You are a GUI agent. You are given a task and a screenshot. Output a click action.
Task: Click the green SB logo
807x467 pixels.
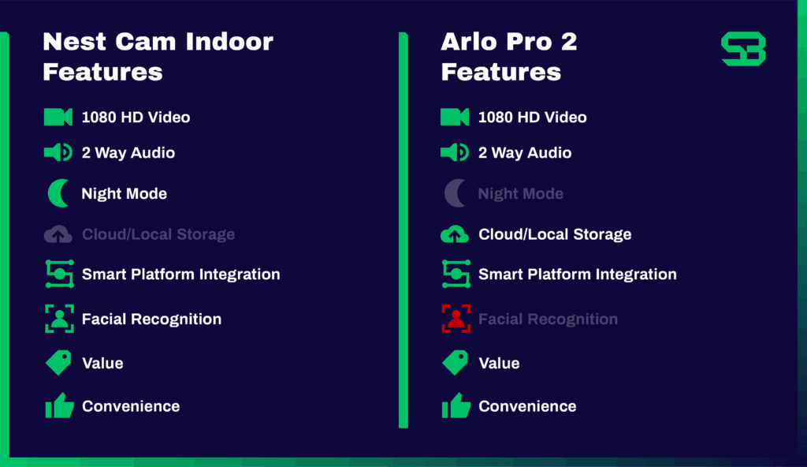click(743, 49)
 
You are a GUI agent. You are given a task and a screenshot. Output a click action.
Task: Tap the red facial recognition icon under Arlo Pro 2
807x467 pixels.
click(456, 319)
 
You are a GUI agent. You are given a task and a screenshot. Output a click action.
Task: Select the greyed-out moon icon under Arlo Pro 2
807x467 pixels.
click(455, 193)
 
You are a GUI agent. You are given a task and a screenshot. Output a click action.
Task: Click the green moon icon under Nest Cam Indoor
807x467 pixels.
click(59, 193)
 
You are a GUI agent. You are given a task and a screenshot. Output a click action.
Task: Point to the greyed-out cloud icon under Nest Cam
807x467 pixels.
click(58, 234)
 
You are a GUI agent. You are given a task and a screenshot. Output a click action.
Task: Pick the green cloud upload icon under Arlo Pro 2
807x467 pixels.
click(455, 234)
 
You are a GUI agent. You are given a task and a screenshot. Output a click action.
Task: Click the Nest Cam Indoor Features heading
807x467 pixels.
click(158, 57)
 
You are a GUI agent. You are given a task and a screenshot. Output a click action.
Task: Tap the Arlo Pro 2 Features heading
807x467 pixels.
click(508, 57)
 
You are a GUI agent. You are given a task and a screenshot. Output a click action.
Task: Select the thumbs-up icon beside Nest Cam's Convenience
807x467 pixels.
click(59, 405)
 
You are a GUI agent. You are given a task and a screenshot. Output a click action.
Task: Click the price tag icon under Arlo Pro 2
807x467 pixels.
click(455, 363)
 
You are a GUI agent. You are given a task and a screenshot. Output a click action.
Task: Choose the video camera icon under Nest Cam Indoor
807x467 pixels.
click(58, 117)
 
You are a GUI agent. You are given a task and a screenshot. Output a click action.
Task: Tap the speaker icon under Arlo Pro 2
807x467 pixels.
click(455, 152)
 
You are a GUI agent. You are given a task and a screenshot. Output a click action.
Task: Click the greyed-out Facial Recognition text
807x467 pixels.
click(548, 319)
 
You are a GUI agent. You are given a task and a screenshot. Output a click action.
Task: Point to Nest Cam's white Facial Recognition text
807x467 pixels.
click(151, 319)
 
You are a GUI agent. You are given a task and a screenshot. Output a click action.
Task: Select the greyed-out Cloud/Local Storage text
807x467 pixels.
click(158, 234)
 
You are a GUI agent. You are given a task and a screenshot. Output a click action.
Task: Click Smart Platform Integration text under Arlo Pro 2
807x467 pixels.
click(578, 275)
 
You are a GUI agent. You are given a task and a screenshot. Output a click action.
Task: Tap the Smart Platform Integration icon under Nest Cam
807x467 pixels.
click(59, 274)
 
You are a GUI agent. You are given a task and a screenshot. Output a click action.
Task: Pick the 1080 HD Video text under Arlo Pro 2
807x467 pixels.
click(533, 118)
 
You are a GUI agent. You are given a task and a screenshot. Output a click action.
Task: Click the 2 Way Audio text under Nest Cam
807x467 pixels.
click(128, 153)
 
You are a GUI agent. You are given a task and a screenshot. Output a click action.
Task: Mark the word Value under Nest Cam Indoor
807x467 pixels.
click(102, 363)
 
